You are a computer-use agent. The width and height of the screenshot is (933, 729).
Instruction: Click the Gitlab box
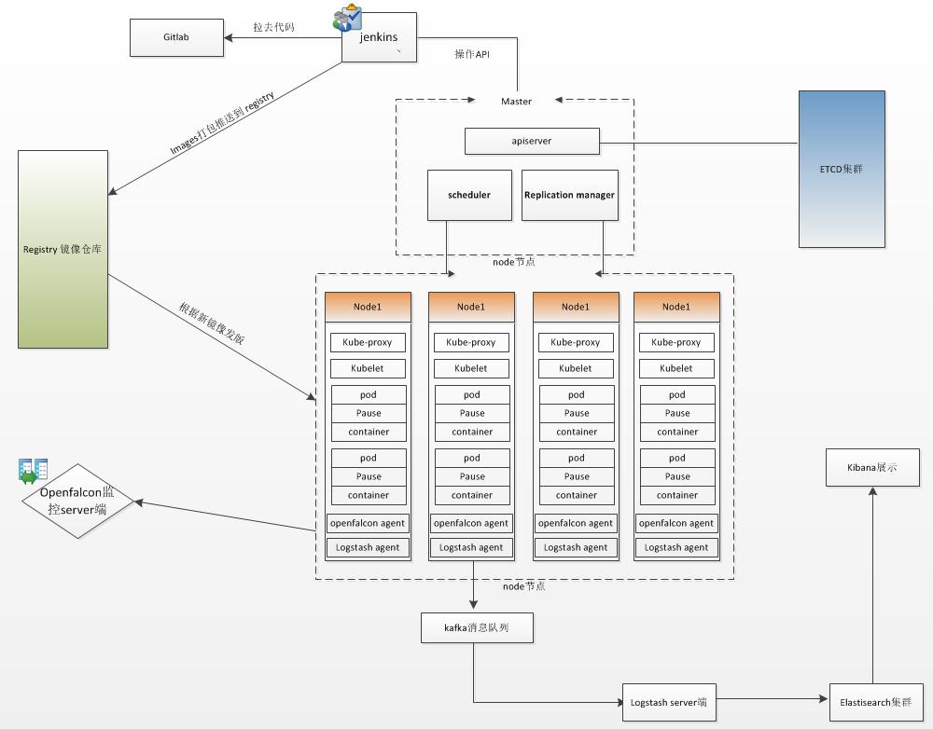pyautogui.click(x=177, y=38)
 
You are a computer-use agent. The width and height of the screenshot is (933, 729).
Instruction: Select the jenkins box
pyautogui.click(x=379, y=38)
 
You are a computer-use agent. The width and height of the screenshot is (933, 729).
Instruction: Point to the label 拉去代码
pyautogui.click(x=273, y=27)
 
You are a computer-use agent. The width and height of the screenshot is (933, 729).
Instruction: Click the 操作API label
pyautogui.click(x=472, y=54)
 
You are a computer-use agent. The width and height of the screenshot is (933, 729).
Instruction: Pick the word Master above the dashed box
pyautogui.click(x=516, y=101)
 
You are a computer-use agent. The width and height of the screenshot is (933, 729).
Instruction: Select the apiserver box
pyautogui.click(x=533, y=142)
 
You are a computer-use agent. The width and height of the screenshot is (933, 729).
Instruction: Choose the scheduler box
pyautogui.click(x=470, y=195)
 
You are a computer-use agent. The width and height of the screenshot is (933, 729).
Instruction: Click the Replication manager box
pyautogui.click(x=569, y=195)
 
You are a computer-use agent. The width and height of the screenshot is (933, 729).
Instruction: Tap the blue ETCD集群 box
pyautogui.click(x=842, y=169)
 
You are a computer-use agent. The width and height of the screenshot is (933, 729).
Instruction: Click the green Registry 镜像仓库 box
pyautogui.click(x=63, y=249)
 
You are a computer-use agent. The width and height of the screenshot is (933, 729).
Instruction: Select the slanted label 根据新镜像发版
pyautogui.click(x=212, y=324)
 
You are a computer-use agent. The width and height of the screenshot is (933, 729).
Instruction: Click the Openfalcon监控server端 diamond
pyautogui.click(x=78, y=501)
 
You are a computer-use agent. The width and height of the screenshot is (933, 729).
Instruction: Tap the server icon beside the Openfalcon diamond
pyautogui.click(x=34, y=471)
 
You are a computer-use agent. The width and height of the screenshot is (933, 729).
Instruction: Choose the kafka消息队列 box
pyautogui.click(x=478, y=628)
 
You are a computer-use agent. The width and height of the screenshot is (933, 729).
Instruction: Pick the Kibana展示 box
pyautogui.click(x=872, y=467)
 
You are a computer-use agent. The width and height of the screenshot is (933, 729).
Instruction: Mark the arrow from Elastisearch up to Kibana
pyautogui.click(x=872, y=587)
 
